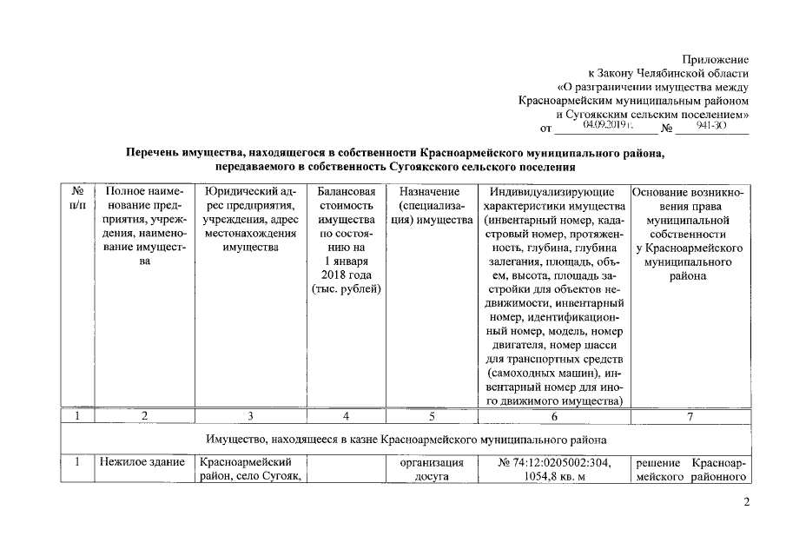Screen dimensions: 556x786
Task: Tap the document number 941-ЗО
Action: click(x=711, y=126)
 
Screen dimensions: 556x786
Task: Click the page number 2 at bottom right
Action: click(x=746, y=503)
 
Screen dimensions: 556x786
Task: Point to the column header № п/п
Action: click(x=77, y=198)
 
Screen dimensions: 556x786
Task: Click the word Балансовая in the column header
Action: click(x=347, y=191)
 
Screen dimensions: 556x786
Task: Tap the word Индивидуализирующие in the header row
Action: click(x=552, y=191)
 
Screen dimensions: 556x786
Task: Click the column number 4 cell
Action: click(x=346, y=416)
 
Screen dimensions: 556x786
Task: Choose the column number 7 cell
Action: click(x=690, y=416)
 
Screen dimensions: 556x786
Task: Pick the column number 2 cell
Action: click(x=145, y=416)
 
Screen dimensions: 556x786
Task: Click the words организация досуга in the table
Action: click(x=429, y=470)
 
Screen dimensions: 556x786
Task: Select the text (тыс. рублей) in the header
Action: click(x=347, y=288)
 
